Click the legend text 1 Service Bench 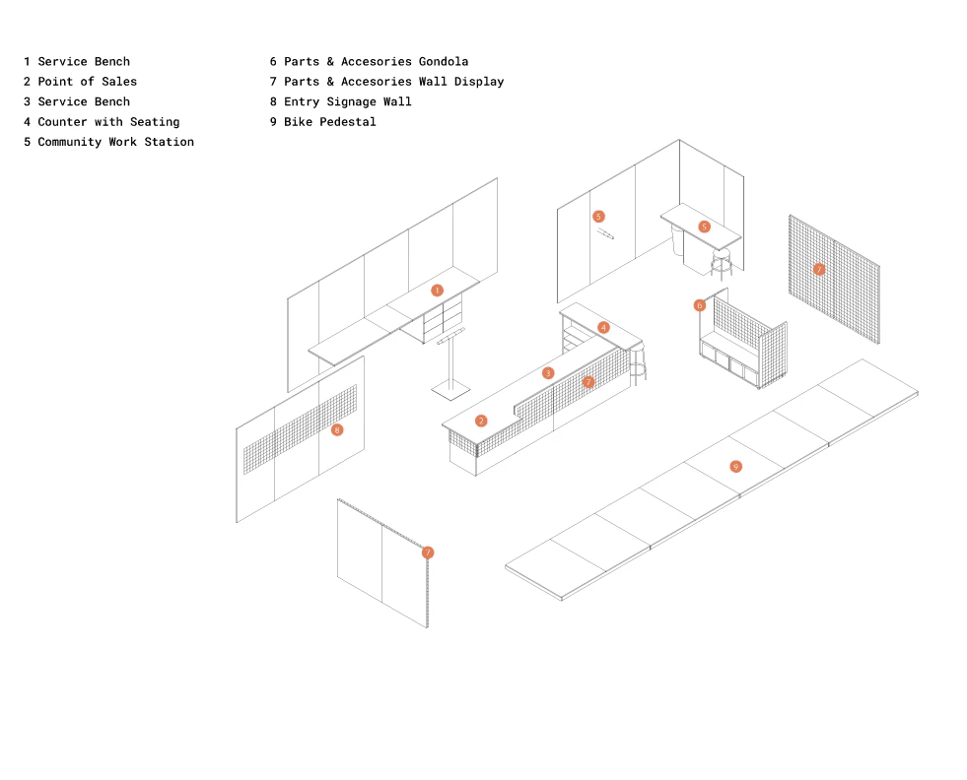pyautogui.click(x=77, y=62)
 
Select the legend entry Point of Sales pyautogui.click(x=80, y=82)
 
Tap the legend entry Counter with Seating pyautogui.click(x=102, y=122)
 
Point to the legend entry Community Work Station pyautogui.click(x=108, y=142)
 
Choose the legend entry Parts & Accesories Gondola pyautogui.click(x=369, y=62)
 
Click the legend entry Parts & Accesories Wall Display pyautogui.click(x=386, y=82)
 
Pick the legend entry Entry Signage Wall pyautogui.click(x=340, y=101)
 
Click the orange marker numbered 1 pyautogui.click(x=437, y=291)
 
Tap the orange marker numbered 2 pyautogui.click(x=481, y=421)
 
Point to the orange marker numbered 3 pyautogui.click(x=548, y=373)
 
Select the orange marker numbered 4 pyautogui.click(x=603, y=327)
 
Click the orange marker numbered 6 pyautogui.click(x=700, y=305)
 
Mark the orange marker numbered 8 pyautogui.click(x=337, y=429)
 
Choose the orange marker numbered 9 pyautogui.click(x=735, y=466)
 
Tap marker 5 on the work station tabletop pyautogui.click(x=704, y=227)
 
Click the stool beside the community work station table pyautogui.click(x=722, y=263)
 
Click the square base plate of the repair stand pyautogui.click(x=449, y=391)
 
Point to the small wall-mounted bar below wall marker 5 pyautogui.click(x=604, y=234)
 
